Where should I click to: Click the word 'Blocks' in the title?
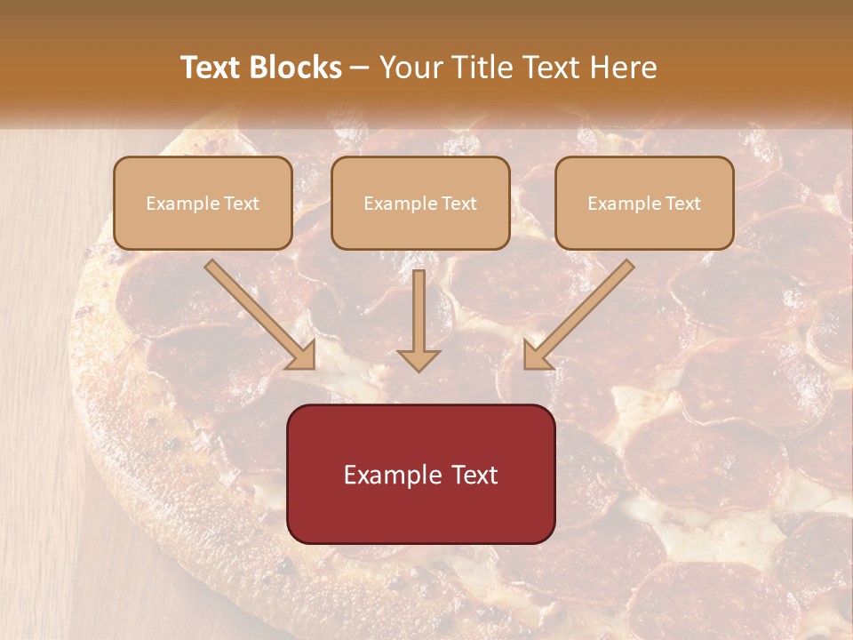[295, 68]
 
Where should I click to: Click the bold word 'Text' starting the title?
[211, 68]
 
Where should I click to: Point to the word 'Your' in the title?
[412, 68]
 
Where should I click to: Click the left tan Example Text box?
[203, 204]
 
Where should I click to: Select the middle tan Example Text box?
[420, 204]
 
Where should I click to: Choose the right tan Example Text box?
[644, 204]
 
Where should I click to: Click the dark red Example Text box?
[420, 474]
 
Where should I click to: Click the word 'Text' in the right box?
[682, 204]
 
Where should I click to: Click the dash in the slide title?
[360, 68]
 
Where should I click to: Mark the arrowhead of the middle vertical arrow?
[419, 358]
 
